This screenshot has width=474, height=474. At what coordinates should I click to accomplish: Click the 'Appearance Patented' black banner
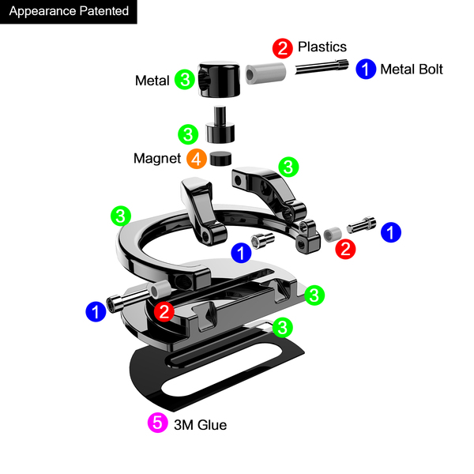68,12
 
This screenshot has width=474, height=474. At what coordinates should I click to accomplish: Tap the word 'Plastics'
322,47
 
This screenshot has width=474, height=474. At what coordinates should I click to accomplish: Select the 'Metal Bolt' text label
412,70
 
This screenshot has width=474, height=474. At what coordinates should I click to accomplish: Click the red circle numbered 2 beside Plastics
283,48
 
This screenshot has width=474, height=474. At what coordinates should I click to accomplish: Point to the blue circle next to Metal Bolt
366,69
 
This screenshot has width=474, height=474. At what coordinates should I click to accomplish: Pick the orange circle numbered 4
197,159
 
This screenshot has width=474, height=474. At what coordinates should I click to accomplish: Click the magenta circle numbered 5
158,423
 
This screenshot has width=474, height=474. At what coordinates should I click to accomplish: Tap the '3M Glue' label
201,425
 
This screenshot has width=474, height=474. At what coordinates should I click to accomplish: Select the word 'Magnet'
157,159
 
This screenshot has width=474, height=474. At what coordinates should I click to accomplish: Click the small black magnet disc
220,159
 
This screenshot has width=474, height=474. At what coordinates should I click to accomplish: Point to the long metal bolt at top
322,67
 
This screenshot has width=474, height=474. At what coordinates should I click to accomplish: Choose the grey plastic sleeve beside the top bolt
265,73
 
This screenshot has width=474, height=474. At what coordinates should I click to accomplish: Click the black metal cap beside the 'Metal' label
219,79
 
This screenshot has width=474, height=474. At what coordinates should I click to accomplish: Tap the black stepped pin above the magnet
220,125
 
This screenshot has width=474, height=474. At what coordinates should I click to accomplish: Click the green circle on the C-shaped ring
121,216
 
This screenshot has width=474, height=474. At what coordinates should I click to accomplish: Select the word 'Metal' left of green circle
152,81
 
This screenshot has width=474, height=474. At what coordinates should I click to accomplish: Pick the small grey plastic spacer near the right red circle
333,235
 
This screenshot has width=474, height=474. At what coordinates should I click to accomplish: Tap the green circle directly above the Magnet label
188,134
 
